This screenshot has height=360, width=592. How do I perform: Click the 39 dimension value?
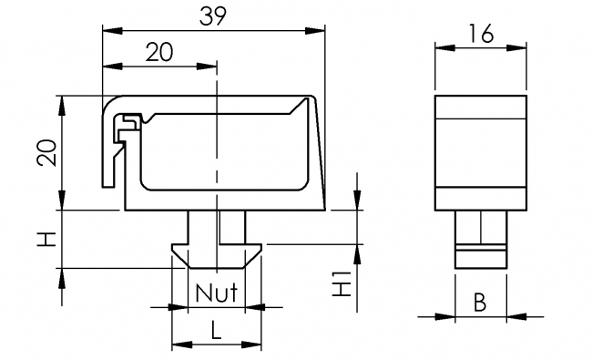pyautogui.click(x=213, y=16)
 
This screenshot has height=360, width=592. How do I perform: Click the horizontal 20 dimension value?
pyautogui.click(x=159, y=52)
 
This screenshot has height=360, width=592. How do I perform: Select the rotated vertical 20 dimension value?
pyautogui.click(x=46, y=152)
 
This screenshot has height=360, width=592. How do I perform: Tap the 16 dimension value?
pyautogui.click(x=481, y=33)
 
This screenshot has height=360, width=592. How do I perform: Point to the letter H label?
pyautogui.click(x=46, y=240)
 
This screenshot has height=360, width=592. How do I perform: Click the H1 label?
pyautogui.click(x=342, y=283)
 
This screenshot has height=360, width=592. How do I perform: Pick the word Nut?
pyautogui.click(x=217, y=292)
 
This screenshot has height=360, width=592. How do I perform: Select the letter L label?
pyautogui.click(x=216, y=330)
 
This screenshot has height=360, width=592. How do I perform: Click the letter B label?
pyautogui.click(x=480, y=303)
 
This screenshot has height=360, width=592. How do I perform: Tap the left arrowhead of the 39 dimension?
pyautogui.click(x=113, y=31)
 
